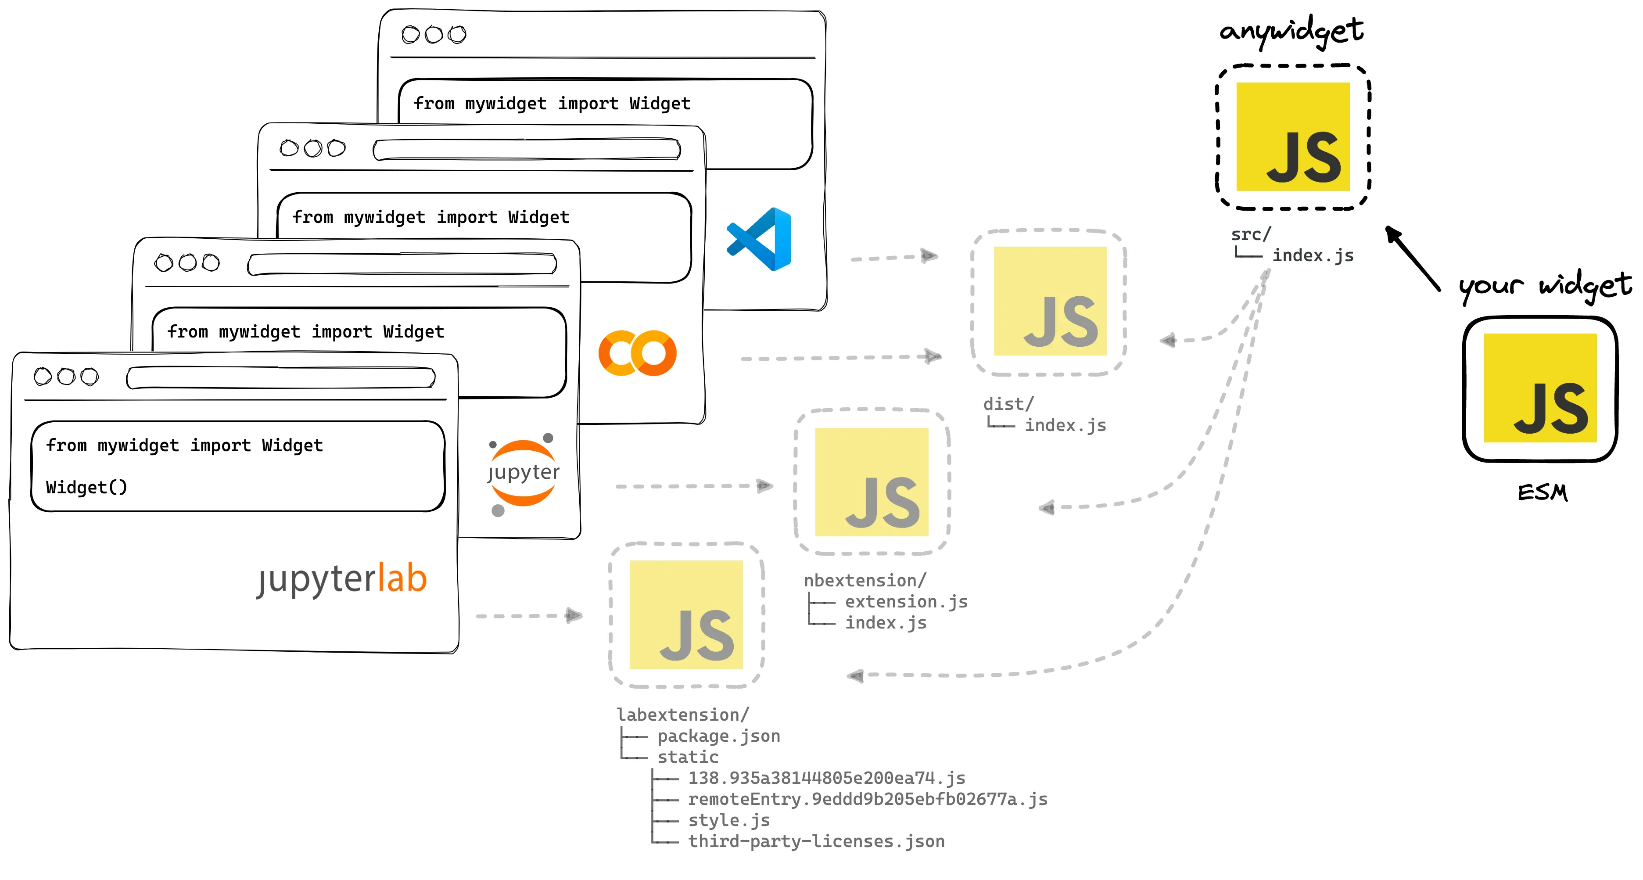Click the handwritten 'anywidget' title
tap(1291, 31)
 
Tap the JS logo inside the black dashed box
tap(1293, 136)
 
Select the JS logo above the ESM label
tap(1540, 388)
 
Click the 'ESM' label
tap(1542, 492)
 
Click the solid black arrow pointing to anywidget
tap(1412, 258)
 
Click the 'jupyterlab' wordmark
tap(342, 579)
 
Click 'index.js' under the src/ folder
tap(1313, 256)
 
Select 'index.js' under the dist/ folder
tap(1065, 425)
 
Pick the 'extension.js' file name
tap(906, 602)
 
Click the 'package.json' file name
tap(719, 736)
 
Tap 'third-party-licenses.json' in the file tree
tap(816, 842)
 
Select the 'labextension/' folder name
tap(682, 715)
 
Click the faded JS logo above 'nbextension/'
tap(871, 482)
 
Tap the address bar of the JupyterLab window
tap(281, 377)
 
